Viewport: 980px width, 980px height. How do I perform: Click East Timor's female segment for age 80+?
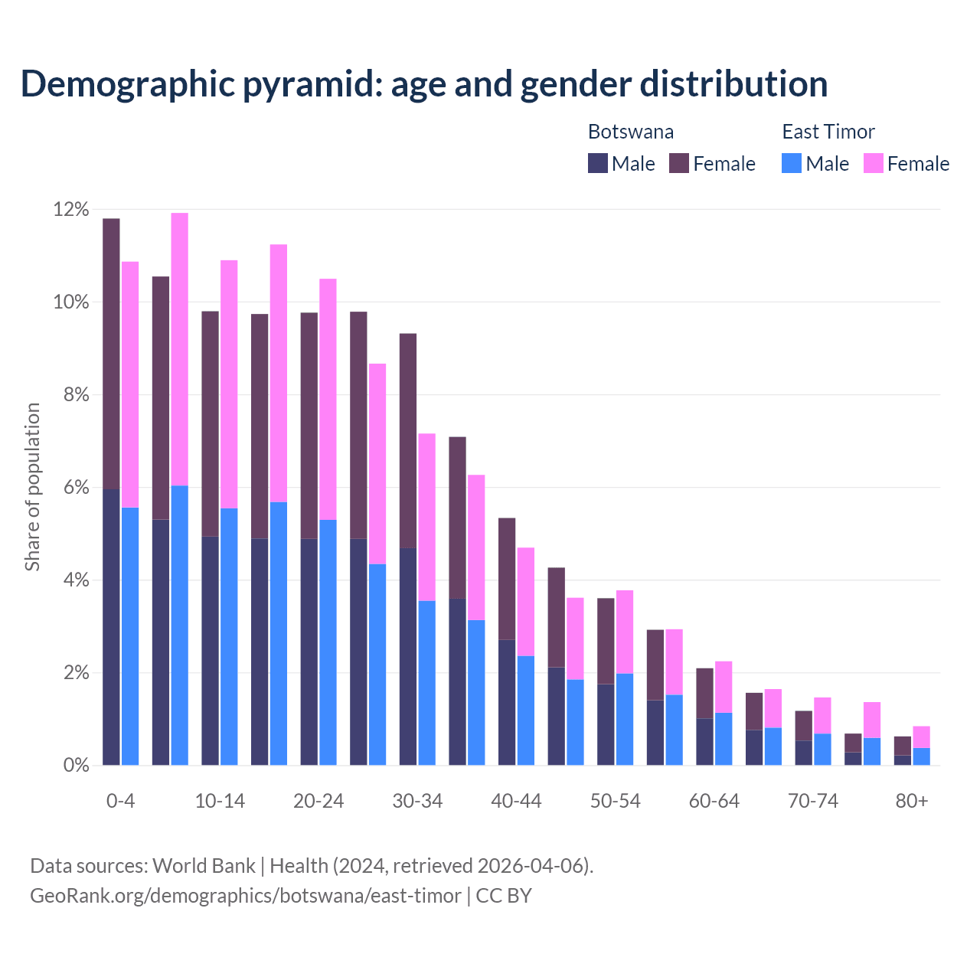click(922, 737)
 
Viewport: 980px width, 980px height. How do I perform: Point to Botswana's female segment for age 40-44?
click(507, 579)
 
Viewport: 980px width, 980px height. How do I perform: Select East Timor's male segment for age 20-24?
click(328, 642)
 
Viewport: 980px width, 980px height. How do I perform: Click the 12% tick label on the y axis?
click(71, 210)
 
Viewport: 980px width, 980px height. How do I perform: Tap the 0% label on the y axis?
click(76, 765)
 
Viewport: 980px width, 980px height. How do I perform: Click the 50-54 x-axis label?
click(615, 801)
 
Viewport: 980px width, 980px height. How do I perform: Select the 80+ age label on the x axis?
click(912, 801)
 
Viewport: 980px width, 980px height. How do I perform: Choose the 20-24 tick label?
click(318, 801)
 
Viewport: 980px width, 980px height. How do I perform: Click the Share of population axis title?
click(32, 487)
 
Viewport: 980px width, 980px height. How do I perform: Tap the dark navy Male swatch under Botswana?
click(598, 163)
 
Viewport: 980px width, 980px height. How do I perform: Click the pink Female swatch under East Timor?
click(874, 163)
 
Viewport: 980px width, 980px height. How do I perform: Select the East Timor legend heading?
click(828, 132)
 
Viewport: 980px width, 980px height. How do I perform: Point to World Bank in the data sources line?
click(204, 866)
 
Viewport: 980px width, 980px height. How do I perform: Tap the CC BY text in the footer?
click(504, 896)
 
